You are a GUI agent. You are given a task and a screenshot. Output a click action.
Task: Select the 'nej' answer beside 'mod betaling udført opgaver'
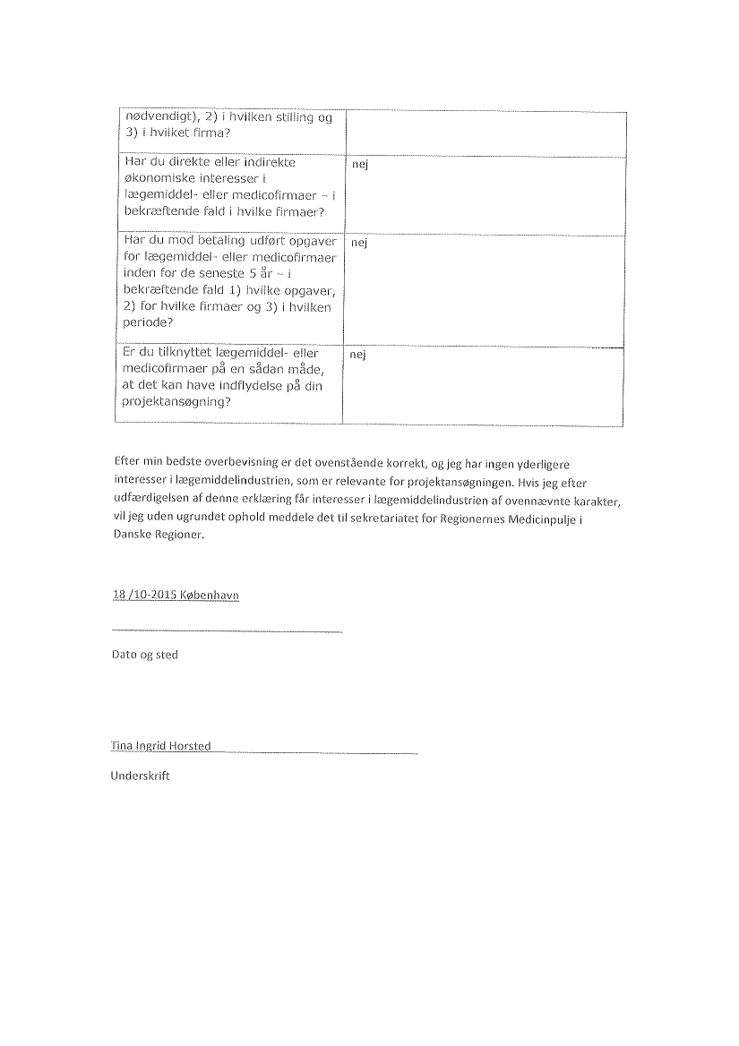click(x=359, y=243)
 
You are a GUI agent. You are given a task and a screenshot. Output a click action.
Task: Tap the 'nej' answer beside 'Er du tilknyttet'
click(x=359, y=356)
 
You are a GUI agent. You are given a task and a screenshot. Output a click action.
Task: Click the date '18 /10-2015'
click(x=143, y=596)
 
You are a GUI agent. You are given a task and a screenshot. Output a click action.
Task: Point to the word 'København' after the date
click(x=210, y=596)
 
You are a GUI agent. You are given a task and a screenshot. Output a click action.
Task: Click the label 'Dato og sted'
click(x=144, y=655)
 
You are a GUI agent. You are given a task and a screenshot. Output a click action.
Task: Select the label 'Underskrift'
click(x=140, y=776)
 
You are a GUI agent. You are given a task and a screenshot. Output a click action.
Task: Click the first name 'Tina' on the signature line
click(x=121, y=745)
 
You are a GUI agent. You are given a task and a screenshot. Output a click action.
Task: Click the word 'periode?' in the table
click(x=144, y=323)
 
